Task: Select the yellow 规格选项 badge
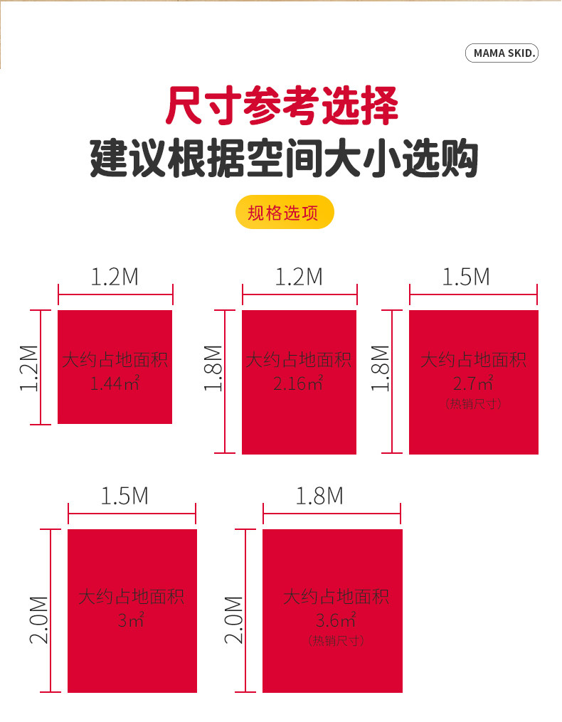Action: coord(284,212)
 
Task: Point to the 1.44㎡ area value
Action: coord(115,385)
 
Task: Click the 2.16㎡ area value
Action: coord(298,385)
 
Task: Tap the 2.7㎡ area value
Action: coord(473,385)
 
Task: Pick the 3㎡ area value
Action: coord(131,621)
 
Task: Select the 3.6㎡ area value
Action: coord(336,619)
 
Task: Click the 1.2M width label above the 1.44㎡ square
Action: coord(115,277)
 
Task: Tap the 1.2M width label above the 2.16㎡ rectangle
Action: coord(299,277)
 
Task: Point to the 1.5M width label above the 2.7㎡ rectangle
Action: coord(466,277)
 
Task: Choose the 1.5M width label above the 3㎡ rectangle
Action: coord(124,496)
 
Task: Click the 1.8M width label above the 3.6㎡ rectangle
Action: coord(319,496)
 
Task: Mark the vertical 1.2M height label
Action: coord(29,368)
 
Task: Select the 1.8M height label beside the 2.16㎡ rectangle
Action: coord(213,368)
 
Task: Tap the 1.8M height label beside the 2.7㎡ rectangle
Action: coord(381,368)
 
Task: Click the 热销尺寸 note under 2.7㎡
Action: coord(473,404)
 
